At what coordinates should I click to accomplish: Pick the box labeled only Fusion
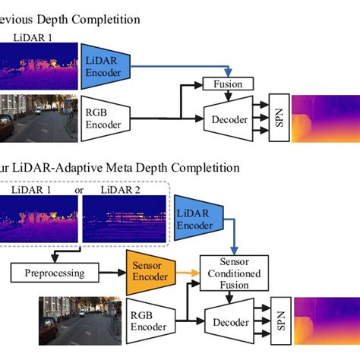click(227, 83)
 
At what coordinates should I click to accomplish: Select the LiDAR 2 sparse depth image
click(123, 219)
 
